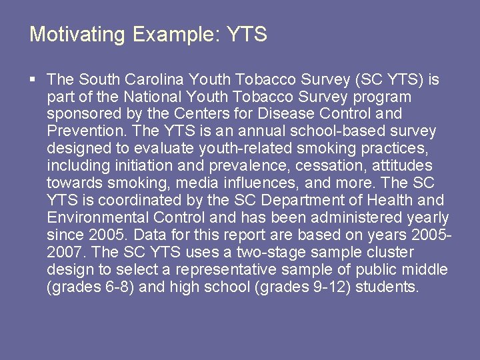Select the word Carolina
click(x=155, y=80)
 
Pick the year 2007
click(x=64, y=253)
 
